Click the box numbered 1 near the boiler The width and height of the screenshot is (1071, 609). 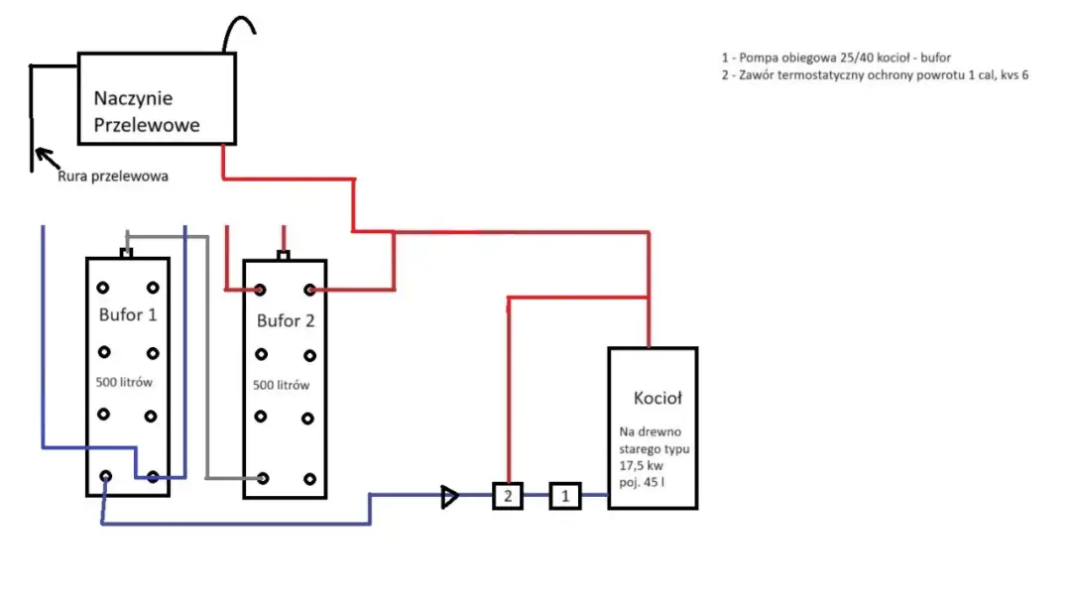(565, 496)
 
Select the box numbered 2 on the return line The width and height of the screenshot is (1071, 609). (508, 496)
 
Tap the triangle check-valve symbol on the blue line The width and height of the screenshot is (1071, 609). (449, 497)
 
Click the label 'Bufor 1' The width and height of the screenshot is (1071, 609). (128, 315)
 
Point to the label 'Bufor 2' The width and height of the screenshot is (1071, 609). (286, 320)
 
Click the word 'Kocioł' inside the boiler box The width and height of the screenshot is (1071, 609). (657, 398)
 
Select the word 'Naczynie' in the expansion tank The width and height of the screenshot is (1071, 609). (133, 98)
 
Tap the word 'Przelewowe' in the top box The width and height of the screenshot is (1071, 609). (147, 125)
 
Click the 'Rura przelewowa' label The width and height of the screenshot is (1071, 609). (113, 177)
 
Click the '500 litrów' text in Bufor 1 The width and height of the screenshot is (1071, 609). (124, 382)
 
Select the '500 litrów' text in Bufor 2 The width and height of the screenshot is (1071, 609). (281, 385)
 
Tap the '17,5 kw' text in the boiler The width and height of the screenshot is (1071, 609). (641, 465)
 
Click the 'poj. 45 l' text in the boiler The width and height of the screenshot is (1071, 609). (642, 482)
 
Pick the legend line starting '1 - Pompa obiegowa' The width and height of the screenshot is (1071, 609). (836, 58)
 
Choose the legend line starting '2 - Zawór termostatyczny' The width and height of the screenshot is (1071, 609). (875, 75)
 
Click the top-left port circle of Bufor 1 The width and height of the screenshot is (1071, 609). (102, 288)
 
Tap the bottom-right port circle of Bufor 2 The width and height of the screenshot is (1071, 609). (309, 479)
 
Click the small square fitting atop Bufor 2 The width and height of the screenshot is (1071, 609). (284, 256)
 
